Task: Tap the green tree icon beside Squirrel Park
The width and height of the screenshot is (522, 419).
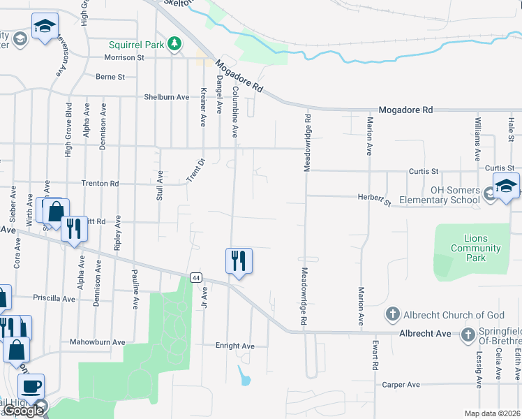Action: pyautogui.click(x=174, y=45)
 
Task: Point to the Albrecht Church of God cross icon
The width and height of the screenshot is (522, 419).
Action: pyautogui.click(x=393, y=315)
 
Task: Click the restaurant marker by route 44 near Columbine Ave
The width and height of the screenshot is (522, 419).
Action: pyautogui.click(x=239, y=262)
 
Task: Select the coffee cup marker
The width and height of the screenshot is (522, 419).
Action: pyautogui.click(x=30, y=387)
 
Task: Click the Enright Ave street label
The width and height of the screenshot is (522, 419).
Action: pyautogui.click(x=235, y=346)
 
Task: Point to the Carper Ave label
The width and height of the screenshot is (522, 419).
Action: pyautogui.click(x=401, y=384)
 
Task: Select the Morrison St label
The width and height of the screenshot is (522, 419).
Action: pyautogui.click(x=124, y=58)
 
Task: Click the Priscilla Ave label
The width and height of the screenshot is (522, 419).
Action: pyautogui.click(x=54, y=299)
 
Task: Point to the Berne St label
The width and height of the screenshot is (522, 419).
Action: pyautogui.click(x=110, y=77)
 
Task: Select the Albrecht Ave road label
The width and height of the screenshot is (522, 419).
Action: pyautogui.click(x=426, y=334)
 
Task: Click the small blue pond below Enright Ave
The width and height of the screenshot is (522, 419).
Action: pyautogui.click(x=244, y=377)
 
